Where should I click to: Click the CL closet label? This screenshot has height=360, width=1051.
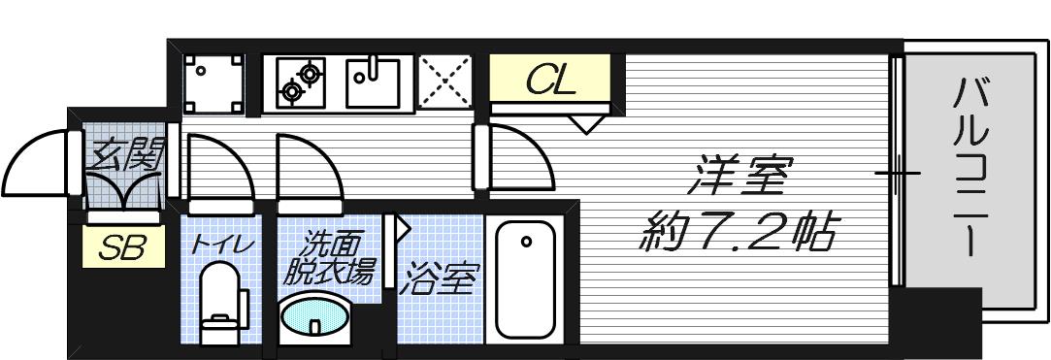pyautogui.click(x=551, y=80)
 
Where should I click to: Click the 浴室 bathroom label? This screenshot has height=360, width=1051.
pyautogui.click(x=441, y=279)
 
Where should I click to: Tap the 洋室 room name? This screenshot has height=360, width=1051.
pyautogui.click(x=739, y=178)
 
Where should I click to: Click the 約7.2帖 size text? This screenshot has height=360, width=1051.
pyautogui.click(x=738, y=233)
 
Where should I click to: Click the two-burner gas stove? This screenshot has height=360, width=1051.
pyautogui.click(x=300, y=82)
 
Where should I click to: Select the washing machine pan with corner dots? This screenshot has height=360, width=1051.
pyautogui.click(x=214, y=82)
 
